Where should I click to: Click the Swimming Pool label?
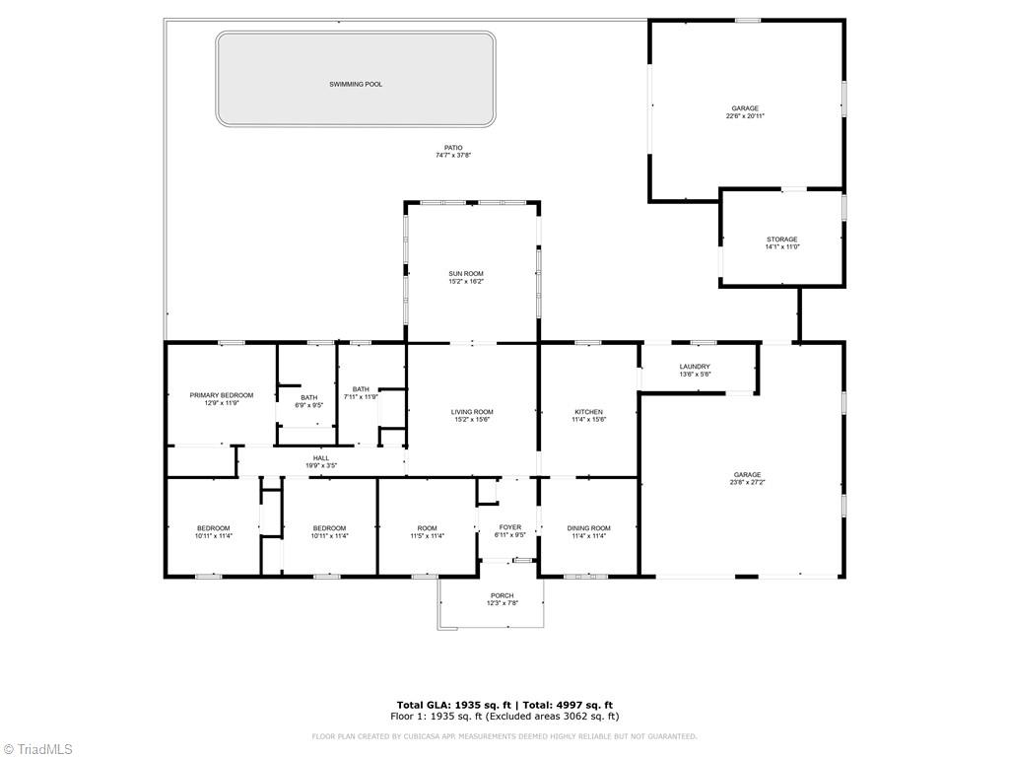[x=356, y=85]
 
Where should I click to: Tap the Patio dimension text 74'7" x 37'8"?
[x=453, y=156]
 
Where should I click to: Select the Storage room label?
[x=782, y=240]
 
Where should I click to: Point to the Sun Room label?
[x=466, y=274]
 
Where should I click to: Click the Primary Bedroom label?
[x=222, y=395]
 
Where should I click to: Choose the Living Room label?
[x=472, y=412]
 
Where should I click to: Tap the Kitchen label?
[x=589, y=412]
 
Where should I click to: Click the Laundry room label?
[x=695, y=367]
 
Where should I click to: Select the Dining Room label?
[x=589, y=528]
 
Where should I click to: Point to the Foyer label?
[x=509, y=527]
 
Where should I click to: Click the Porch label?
[x=502, y=595]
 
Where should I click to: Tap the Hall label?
[x=321, y=457]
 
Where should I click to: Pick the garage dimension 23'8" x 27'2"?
[x=746, y=483]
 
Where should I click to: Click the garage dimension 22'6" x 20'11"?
[x=745, y=116]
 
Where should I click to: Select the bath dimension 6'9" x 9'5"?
[x=309, y=405]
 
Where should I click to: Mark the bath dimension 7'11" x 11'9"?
[x=361, y=396]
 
